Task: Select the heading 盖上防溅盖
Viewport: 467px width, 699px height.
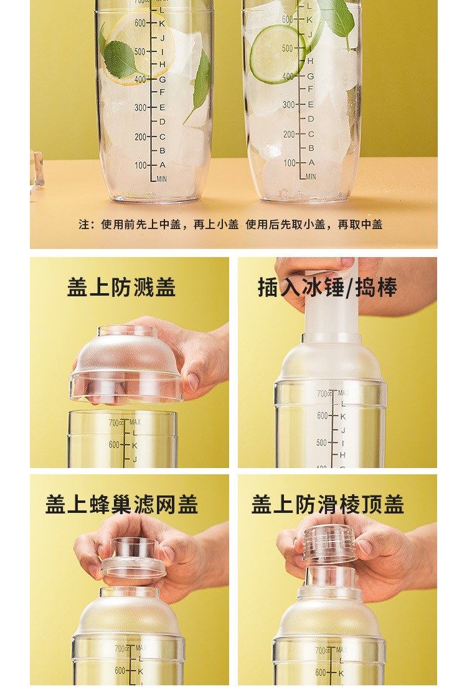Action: pyautogui.click(x=121, y=288)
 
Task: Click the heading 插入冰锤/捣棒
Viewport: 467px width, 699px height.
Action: pyautogui.click(x=328, y=288)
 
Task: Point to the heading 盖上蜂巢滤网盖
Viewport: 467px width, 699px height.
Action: pyautogui.click(x=121, y=504)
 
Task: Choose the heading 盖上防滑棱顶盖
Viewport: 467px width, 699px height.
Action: pyautogui.click(x=328, y=504)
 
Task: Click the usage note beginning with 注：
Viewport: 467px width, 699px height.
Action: pyautogui.click(x=230, y=225)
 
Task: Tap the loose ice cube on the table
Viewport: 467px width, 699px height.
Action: pyautogui.click(x=36, y=168)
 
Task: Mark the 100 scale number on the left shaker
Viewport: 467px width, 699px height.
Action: pyautogui.click(x=140, y=165)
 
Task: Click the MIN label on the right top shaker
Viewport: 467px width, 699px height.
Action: pyautogui.click(x=311, y=177)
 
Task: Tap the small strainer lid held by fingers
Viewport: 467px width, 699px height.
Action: pyautogui.click(x=133, y=557)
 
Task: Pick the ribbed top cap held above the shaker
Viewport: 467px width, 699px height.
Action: pyautogui.click(x=329, y=543)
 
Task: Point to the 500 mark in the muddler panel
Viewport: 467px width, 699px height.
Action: pyautogui.click(x=321, y=443)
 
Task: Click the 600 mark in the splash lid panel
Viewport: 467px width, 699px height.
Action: pyautogui.click(x=114, y=444)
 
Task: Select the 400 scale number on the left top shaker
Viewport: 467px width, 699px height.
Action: pyautogui.click(x=140, y=79)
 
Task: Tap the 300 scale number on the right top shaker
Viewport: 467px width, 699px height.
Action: pyautogui.click(x=289, y=105)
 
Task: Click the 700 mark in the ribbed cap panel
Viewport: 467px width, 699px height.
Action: pyautogui.click(x=320, y=650)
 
